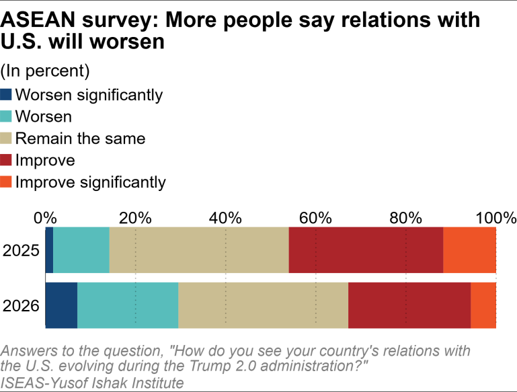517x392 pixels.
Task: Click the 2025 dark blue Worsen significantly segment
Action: (49, 250)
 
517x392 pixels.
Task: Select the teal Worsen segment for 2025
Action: (81, 250)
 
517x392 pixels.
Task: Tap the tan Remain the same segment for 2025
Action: (199, 250)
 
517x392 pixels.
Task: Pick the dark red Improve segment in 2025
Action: (366, 250)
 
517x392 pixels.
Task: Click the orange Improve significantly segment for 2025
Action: (469, 250)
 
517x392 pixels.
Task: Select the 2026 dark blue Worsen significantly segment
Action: (61, 305)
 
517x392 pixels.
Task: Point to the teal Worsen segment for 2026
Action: (128, 305)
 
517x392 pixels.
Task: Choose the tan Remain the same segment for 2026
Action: (263, 305)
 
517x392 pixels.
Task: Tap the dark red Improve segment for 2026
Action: (409, 305)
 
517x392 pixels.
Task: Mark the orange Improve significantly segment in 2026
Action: (483, 305)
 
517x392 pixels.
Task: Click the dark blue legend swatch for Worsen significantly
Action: (6, 95)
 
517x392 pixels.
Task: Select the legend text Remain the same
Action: (80, 139)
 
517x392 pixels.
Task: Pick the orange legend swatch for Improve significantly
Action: (6, 182)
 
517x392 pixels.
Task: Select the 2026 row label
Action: (21, 306)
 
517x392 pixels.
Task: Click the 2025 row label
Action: (21, 251)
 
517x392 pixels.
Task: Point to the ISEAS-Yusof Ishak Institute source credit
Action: (93, 383)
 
